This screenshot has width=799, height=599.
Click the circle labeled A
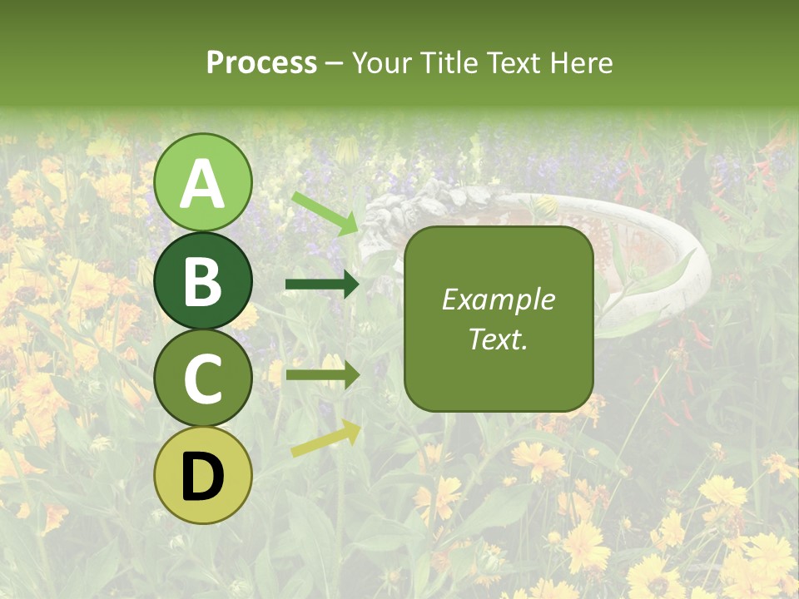203,182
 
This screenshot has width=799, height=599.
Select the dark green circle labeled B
203,280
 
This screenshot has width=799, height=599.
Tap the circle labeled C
203,378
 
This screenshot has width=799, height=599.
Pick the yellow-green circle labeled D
203,475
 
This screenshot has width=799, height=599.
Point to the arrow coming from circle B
322,285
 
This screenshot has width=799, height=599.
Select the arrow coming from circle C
322,375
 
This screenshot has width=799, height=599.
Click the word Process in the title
261,63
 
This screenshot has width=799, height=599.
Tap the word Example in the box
499,299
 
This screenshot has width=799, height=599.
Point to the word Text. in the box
499,339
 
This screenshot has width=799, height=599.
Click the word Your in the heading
382,63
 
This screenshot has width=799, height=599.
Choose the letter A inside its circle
203,184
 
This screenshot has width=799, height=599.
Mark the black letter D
203,477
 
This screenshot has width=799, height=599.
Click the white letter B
203,281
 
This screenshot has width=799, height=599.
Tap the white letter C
203,379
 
